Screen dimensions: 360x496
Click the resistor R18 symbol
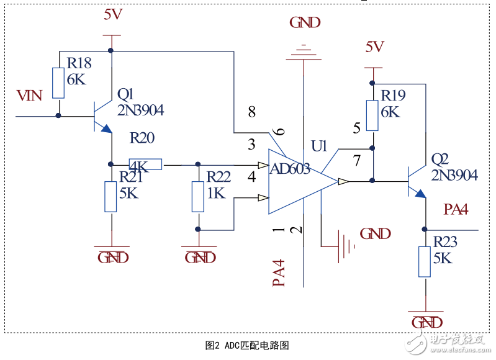58,83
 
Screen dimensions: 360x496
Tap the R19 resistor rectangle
372,115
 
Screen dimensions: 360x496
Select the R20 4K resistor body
145,164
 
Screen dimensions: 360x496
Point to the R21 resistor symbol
111,197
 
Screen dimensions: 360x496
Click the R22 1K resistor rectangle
198,197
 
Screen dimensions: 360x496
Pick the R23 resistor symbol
425,261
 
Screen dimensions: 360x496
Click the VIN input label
29,96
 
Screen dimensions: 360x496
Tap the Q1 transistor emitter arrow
106,129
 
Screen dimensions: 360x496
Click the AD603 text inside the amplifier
289,168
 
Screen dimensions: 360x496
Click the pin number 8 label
251,112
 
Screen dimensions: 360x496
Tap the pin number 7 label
356,161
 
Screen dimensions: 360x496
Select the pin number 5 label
356,128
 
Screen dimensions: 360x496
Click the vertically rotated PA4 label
279,273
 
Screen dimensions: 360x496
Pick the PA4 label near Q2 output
455,209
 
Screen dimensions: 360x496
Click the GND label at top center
305,23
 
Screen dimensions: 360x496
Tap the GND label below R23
427,323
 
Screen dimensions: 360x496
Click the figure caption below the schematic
248,345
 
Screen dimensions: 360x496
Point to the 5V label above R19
374,47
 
